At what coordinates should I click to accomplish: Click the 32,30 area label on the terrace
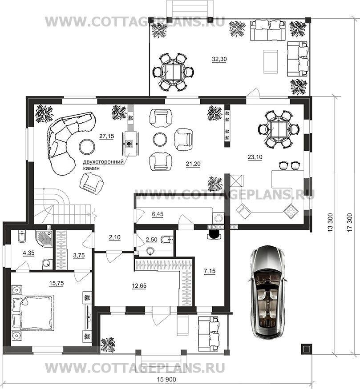point(219,59)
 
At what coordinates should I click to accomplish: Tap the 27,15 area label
point(107,136)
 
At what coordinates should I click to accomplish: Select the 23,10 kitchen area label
point(255,157)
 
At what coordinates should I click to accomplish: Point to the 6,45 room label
point(158,214)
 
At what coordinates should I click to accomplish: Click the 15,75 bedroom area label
point(57,284)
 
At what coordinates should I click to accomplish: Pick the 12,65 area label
point(139,286)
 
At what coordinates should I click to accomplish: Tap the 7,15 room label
point(210,271)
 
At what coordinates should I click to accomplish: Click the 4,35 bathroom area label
point(28,253)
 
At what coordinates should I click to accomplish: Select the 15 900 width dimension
point(166,380)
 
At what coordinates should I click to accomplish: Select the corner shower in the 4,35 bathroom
point(44,238)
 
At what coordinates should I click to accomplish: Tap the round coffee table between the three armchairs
point(160,140)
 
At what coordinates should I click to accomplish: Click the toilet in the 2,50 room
point(167,240)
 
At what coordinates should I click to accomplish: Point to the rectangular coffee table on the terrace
point(270,61)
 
